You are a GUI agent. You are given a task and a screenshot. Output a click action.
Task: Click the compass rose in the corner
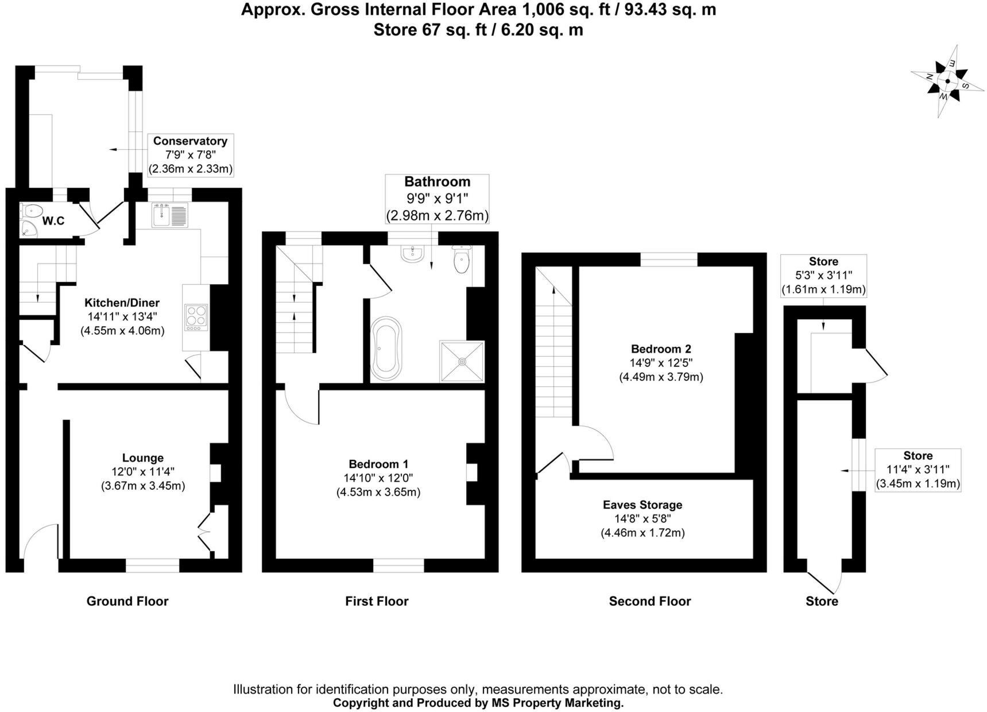(x=947, y=81)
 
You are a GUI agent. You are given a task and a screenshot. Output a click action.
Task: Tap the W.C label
(x=53, y=221)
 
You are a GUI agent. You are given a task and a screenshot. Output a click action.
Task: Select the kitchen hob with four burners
(x=196, y=316)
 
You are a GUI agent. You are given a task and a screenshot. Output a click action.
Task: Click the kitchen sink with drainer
(x=170, y=215)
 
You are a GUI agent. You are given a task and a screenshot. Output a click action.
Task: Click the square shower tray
(x=462, y=361)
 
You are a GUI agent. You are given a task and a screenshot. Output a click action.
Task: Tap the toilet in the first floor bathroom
(x=462, y=260)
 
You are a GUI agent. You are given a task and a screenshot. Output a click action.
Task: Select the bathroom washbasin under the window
(x=412, y=254)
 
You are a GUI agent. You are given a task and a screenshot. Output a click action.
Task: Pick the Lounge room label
(x=142, y=458)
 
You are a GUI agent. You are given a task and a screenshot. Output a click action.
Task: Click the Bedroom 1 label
(x=378, y=464)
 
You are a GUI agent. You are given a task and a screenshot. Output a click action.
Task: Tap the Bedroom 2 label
(x=661, y=349)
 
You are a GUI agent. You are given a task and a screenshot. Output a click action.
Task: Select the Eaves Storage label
(x=642, y=505)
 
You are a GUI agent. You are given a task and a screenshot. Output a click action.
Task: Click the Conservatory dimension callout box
(x=190, y=154)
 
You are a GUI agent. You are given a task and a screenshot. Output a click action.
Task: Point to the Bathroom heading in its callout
(x=437, y=182)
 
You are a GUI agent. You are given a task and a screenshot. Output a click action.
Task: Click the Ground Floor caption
(x=127, y=601)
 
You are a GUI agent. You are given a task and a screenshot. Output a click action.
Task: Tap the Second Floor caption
(x=650, y=601)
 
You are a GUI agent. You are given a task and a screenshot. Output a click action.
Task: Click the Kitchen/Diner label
(x=122, y=303)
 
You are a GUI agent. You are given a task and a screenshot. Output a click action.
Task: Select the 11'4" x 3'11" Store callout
(x=918, y=470)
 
